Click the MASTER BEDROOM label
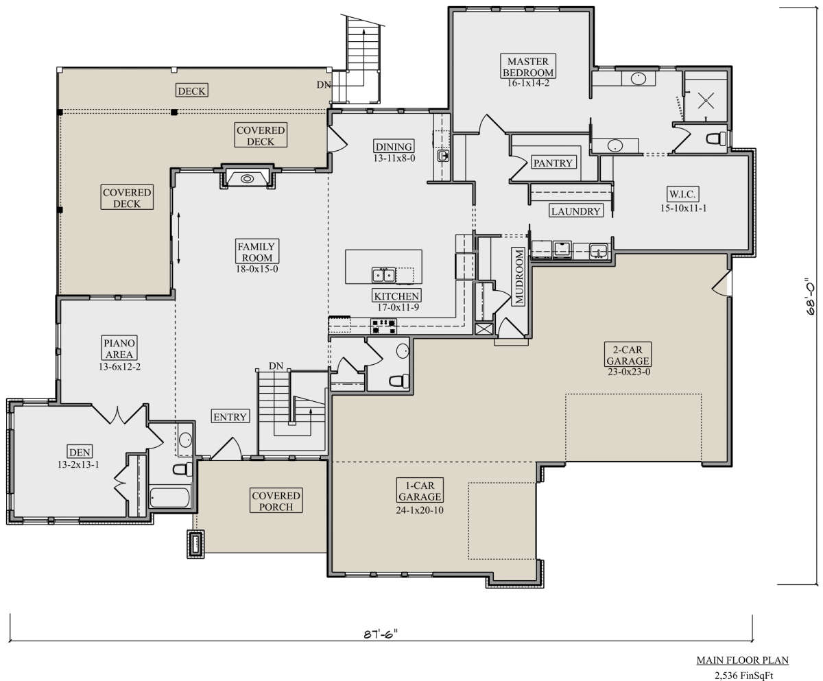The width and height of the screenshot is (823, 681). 528,67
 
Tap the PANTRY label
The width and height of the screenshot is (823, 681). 553,163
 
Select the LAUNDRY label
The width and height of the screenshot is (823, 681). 575,211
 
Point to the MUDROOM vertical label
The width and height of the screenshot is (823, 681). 519,276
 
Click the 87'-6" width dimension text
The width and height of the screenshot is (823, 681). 381,634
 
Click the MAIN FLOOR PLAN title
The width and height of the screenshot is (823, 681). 743,660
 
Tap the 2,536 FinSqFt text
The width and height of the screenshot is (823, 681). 743,675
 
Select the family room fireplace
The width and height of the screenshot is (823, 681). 247,178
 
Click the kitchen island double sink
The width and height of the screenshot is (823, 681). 383,275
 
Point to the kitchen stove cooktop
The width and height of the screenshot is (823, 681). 383,326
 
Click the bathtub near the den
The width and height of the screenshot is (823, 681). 169,498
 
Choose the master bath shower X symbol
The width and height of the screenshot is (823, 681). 706,101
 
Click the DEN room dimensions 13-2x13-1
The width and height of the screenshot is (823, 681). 78,465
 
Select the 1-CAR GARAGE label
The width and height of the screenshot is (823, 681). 419,491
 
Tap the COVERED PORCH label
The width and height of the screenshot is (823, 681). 276,501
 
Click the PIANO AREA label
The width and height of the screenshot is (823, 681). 119,348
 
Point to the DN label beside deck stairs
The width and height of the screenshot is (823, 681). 323,84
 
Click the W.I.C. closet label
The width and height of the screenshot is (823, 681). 683,193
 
